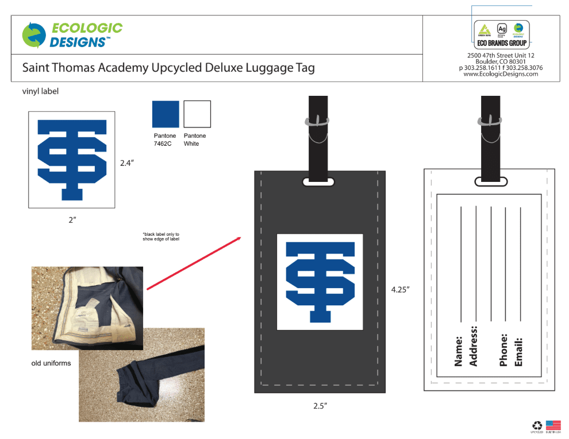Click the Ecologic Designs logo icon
pyautogui.click(x=34, y=35)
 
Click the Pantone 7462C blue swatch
pyautogui.click(x=166, y=114)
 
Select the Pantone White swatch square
pyautogui.click(x=197, y=114)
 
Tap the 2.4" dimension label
pyautogui.click(x=127, y=163)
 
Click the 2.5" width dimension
pyautogui.click(x=320, y=406)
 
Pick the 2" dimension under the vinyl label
pyautogui.click(x=72, y=220)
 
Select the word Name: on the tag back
pyautogui.click(x=459, y=351)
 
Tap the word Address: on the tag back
pyautogui.click(x=474, y=346)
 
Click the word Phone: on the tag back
pyautogui.click(x=504, y=349)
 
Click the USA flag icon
pyautogui.click(x=553, y=425)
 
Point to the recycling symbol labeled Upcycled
pyautogui.click(x=537, y=426)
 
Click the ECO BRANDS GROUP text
pyautogui.click(x=502, y=43)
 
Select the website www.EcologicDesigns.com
pyautogui.click(x=501, y=74)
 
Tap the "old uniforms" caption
pyautogui.click(x=51, y=363)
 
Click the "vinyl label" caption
pyautogui.click(x=40, y=91)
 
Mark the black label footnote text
pyautogui.click(x=161, y=236)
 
